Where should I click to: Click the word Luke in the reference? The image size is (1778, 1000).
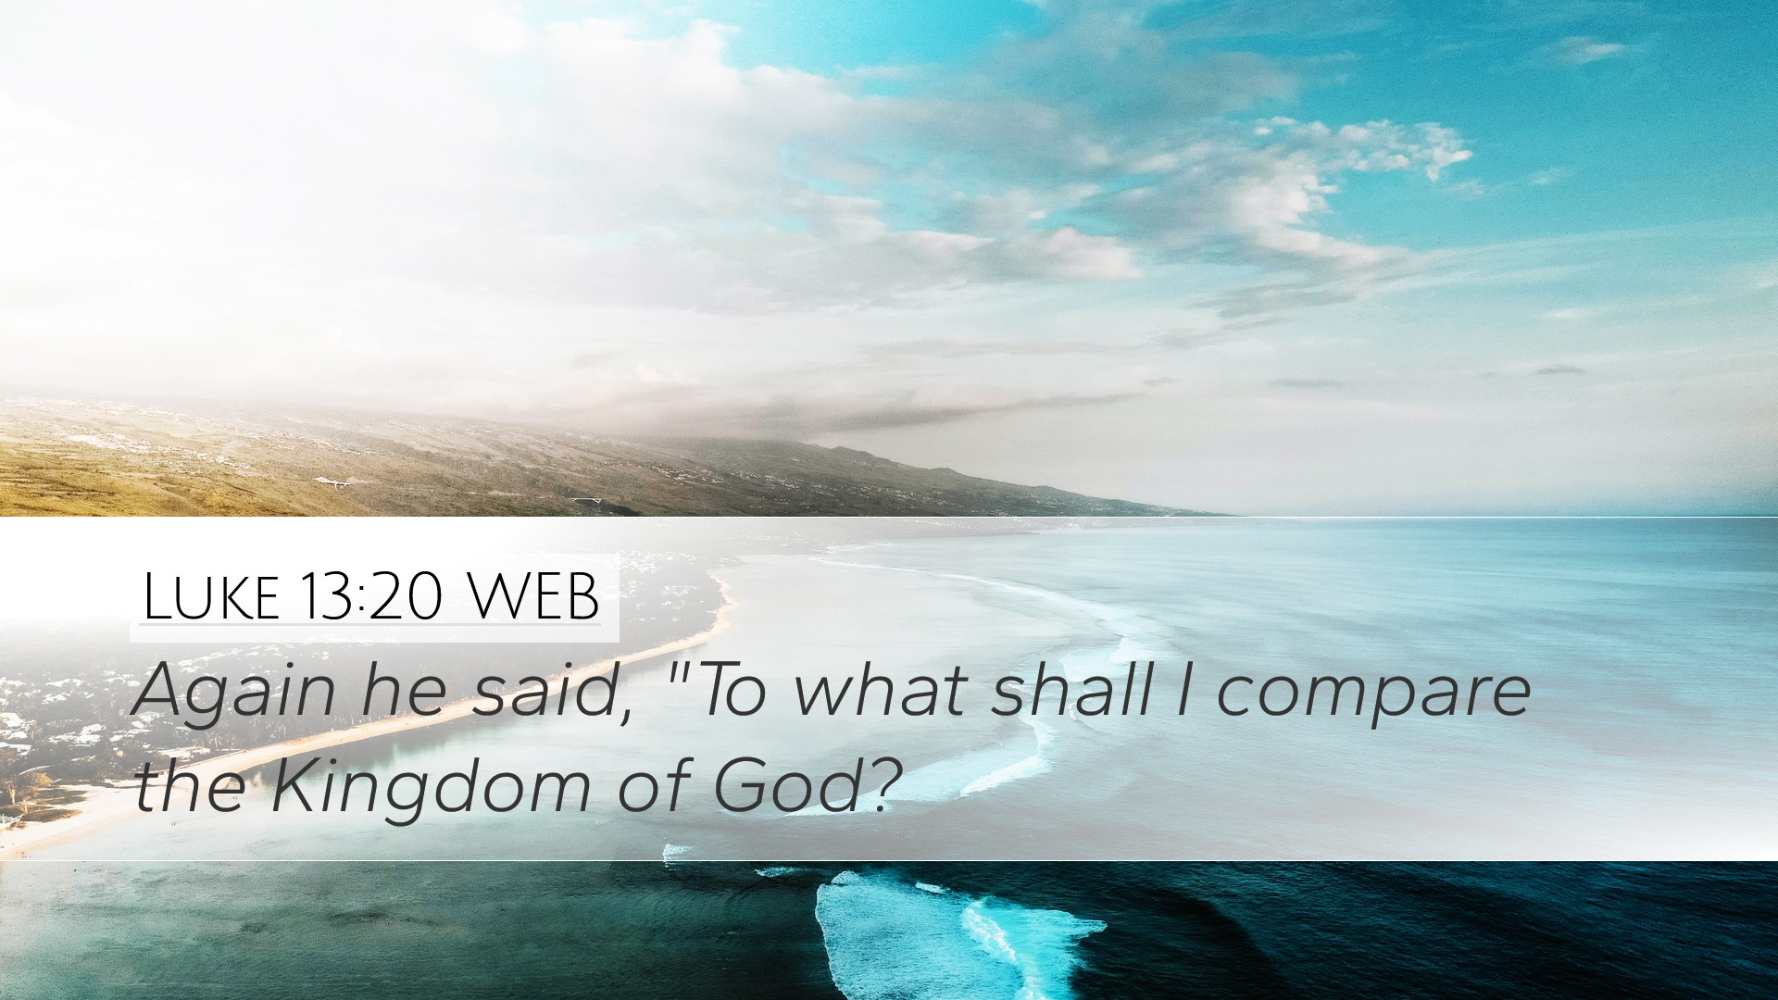point(211,596)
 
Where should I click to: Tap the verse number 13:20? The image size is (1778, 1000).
point(370,596)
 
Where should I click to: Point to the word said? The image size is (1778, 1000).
point(542,690)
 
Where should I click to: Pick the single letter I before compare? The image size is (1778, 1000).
point(1184,690)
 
